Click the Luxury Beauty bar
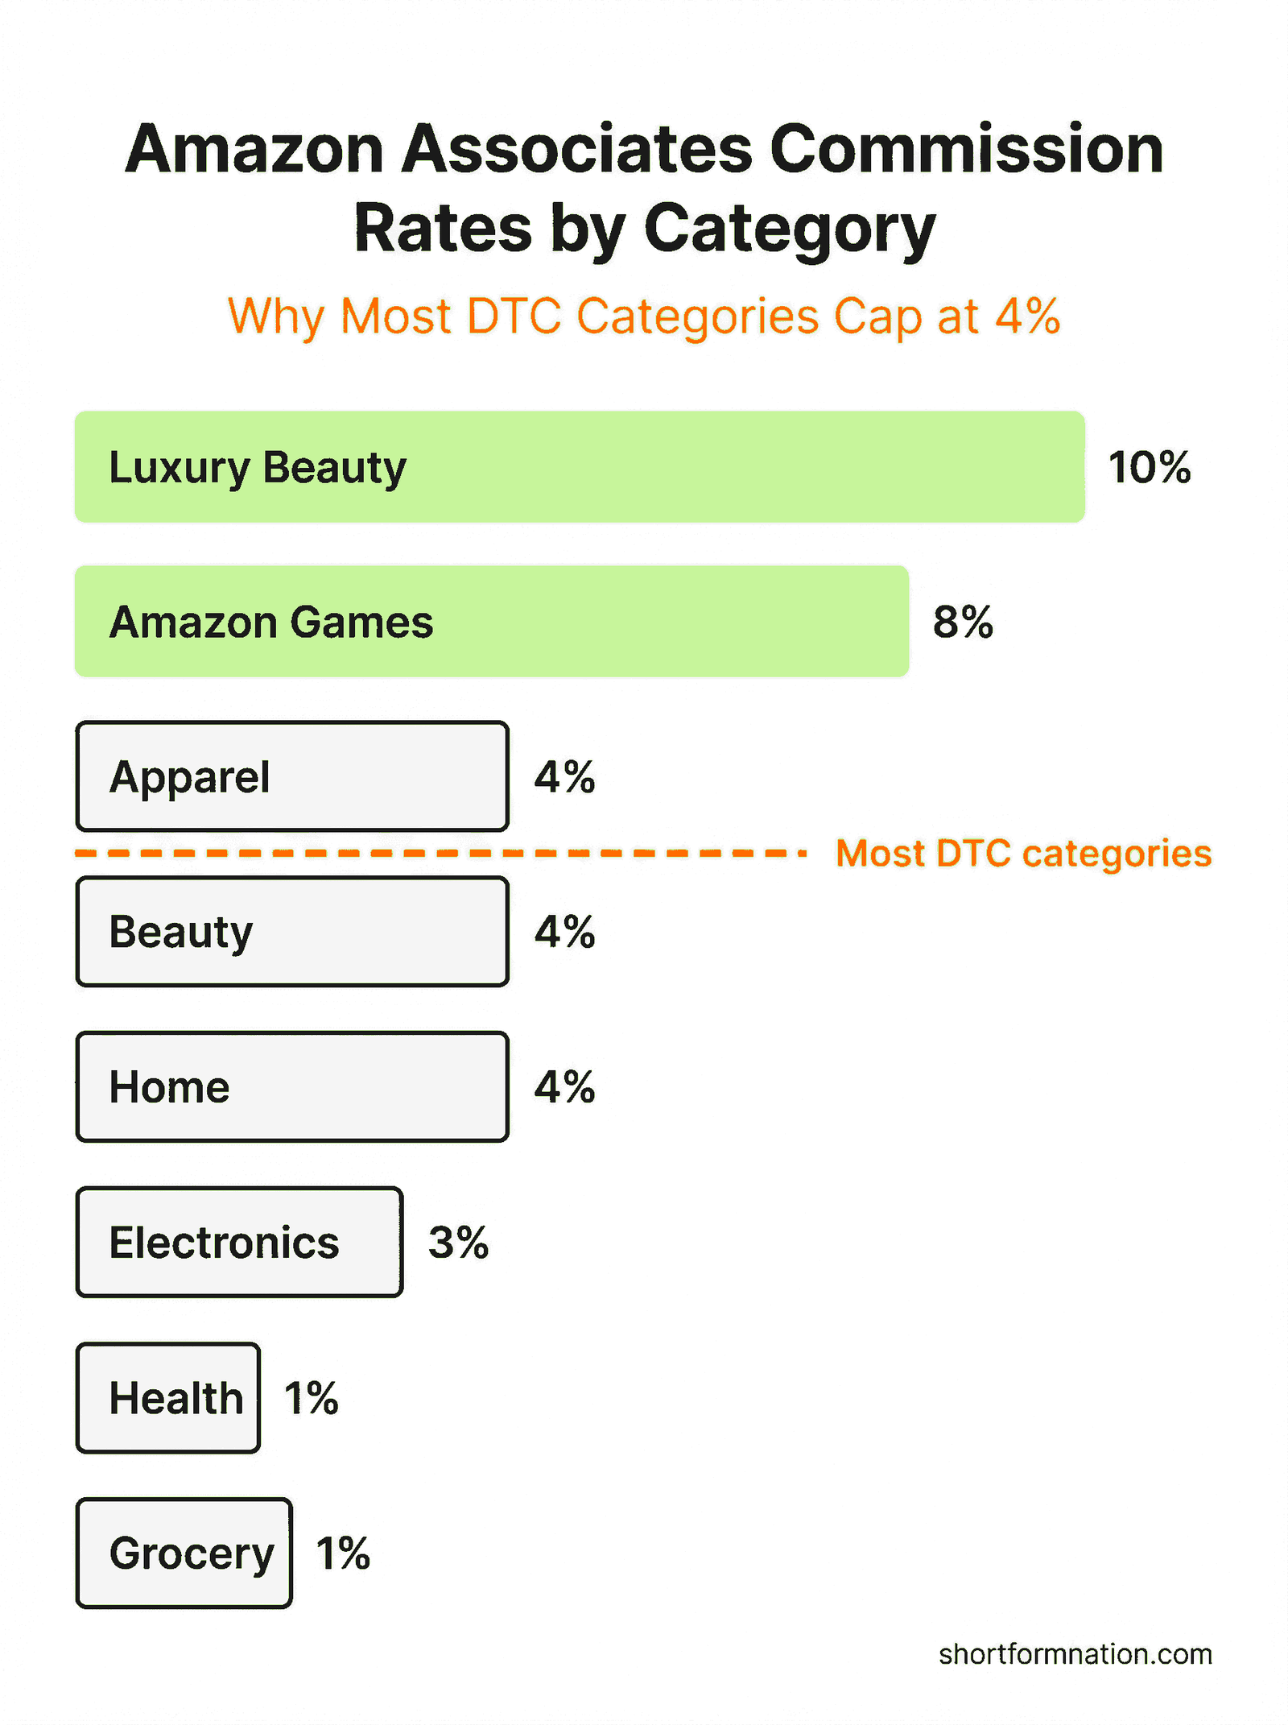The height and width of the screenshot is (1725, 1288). point(580,467)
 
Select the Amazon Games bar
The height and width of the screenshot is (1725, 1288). point(492,622)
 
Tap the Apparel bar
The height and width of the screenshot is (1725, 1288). point(292,776)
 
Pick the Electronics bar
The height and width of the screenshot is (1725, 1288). point(239,1242)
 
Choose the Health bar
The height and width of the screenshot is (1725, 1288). point(168,1397)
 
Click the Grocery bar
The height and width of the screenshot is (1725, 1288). point(184,1553)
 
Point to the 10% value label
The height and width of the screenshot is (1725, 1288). point(1149,467)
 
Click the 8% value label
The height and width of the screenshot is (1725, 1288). point(963,622)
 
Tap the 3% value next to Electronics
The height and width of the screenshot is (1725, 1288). point(458,1242)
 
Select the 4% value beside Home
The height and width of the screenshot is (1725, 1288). point(564,1086)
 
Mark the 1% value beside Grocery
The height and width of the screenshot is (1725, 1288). point(343,1553)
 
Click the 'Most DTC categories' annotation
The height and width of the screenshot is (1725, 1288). point(1023,853)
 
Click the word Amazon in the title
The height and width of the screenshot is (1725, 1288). point(254,150)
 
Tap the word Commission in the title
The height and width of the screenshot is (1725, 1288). point(966,150)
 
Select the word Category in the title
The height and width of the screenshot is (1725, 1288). point(790,229)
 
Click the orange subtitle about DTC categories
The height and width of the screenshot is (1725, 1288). point(644,316)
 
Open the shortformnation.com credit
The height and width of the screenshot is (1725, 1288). point(1075,1654)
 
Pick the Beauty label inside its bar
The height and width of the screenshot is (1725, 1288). point(181,932)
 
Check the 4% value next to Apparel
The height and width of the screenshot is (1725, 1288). point(564,776)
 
